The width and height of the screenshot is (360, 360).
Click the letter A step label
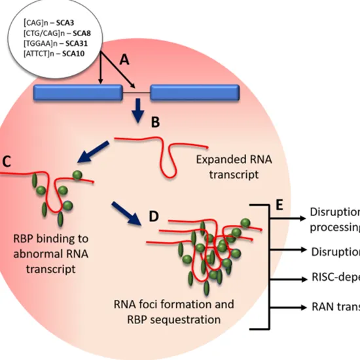tap(124, 61)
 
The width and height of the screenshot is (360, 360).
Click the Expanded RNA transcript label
tap(226, 168)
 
